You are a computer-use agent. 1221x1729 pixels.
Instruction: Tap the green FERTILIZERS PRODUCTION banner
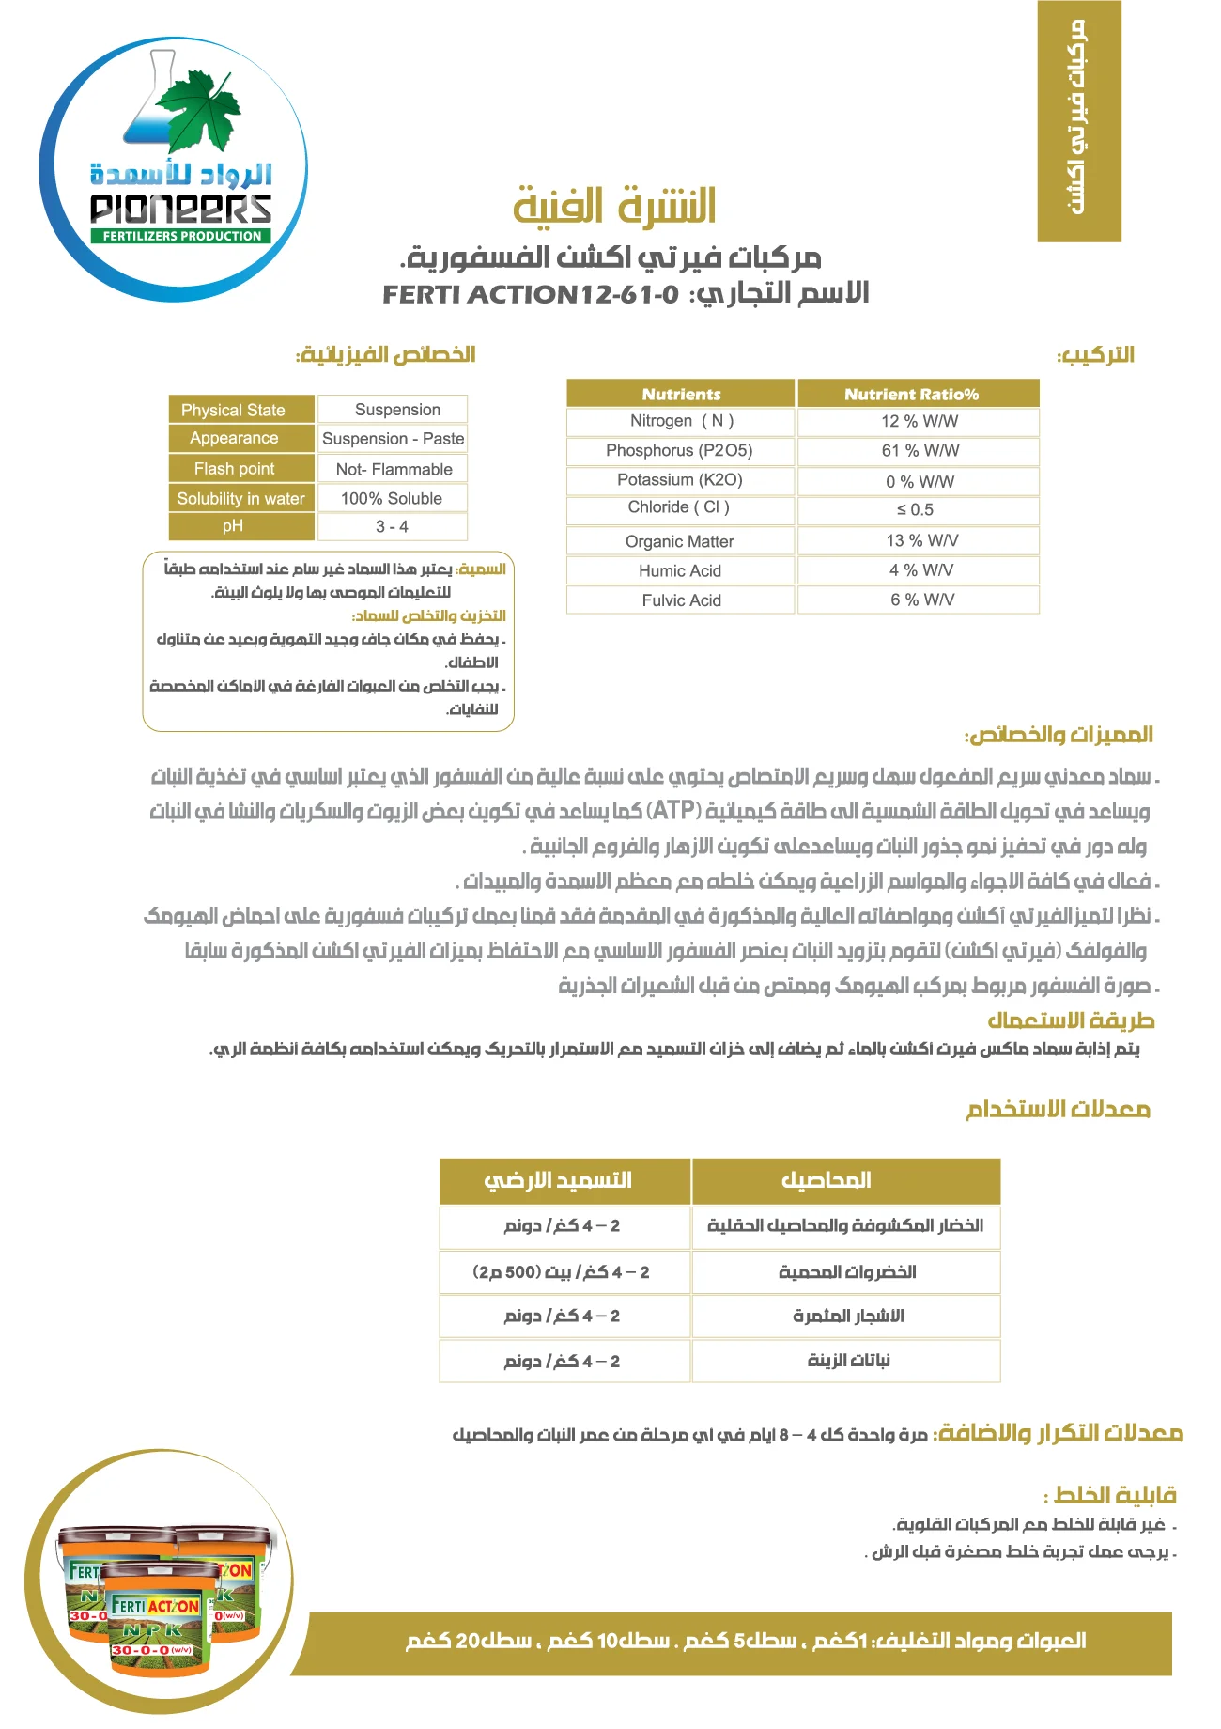pyautogui.click(x=181, y=236)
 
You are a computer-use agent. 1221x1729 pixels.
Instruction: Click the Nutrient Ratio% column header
pyautogui.click(x=918, y=394)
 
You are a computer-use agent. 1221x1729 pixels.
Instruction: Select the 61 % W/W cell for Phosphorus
pyautogui.click(x=919, y=451)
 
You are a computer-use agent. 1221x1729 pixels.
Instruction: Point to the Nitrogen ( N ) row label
pyautogui.click(x=681, y=422)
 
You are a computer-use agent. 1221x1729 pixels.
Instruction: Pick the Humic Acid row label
pyautogui.click(x=680, y=571)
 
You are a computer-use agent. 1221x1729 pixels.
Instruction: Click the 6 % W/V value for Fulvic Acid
pyautogui.click(x=919, y=600)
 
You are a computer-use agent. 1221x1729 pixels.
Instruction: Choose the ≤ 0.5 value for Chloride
pyautogui.click(x=919, y=510)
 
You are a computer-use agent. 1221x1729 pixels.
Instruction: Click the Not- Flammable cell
pyautogui.click(x=393, y=469)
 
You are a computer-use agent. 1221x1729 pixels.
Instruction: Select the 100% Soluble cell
pyautogui.click(x=393, y=499)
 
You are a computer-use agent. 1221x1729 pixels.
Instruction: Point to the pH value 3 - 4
pyautogui.click(x=393, y=527)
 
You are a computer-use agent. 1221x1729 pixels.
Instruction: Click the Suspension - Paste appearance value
pyautogui.click(x=393, y=439)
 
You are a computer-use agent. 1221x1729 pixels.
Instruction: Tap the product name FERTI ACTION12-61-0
pyautogui.click(x=530, y=295)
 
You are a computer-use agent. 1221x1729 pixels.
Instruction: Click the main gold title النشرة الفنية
pyautogui.click(x=615, y=206)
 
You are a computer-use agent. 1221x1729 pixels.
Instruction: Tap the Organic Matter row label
pyautogui.click(x=680, y=542)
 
